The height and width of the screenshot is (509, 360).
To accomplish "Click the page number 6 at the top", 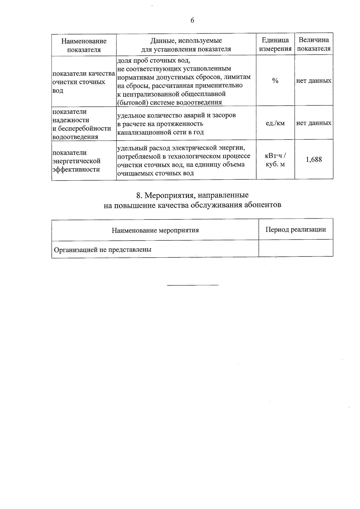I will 192,20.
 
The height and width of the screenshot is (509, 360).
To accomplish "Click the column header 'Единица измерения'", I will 275,44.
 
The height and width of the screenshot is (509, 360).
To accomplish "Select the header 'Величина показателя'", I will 313,44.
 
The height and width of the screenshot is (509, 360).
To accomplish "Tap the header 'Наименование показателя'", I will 84,45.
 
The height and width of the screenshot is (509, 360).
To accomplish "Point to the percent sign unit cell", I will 275,81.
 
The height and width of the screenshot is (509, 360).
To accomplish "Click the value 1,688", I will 314,160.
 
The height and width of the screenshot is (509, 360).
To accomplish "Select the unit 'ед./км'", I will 275,123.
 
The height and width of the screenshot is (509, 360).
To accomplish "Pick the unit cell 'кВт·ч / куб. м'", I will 275,160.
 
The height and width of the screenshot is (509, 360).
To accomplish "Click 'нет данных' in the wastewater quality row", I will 314,81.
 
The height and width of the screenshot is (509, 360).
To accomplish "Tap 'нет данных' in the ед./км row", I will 314,123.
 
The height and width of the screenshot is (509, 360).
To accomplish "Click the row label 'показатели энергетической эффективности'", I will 76,161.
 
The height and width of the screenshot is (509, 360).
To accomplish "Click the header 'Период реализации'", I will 296,229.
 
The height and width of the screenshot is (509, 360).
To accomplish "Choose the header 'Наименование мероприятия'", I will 155,230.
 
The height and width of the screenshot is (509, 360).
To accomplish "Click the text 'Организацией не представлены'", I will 103,249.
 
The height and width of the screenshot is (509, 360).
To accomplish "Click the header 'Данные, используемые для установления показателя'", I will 186,45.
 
